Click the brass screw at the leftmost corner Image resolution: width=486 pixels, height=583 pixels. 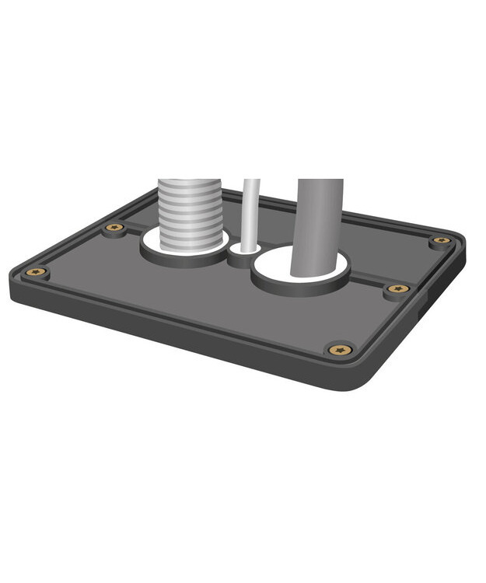(x=36, y=272)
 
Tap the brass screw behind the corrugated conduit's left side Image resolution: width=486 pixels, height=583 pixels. (x=115, y=228)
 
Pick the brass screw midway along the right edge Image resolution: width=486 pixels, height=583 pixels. (x=398, y=288)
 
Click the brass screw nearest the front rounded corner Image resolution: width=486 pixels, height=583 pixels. (x=340, y=350)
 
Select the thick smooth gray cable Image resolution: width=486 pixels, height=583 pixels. (x=318, y=225)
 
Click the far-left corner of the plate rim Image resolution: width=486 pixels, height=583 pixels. (x=14, y=274)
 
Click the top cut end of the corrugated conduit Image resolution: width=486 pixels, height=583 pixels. (x=190, y=183)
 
